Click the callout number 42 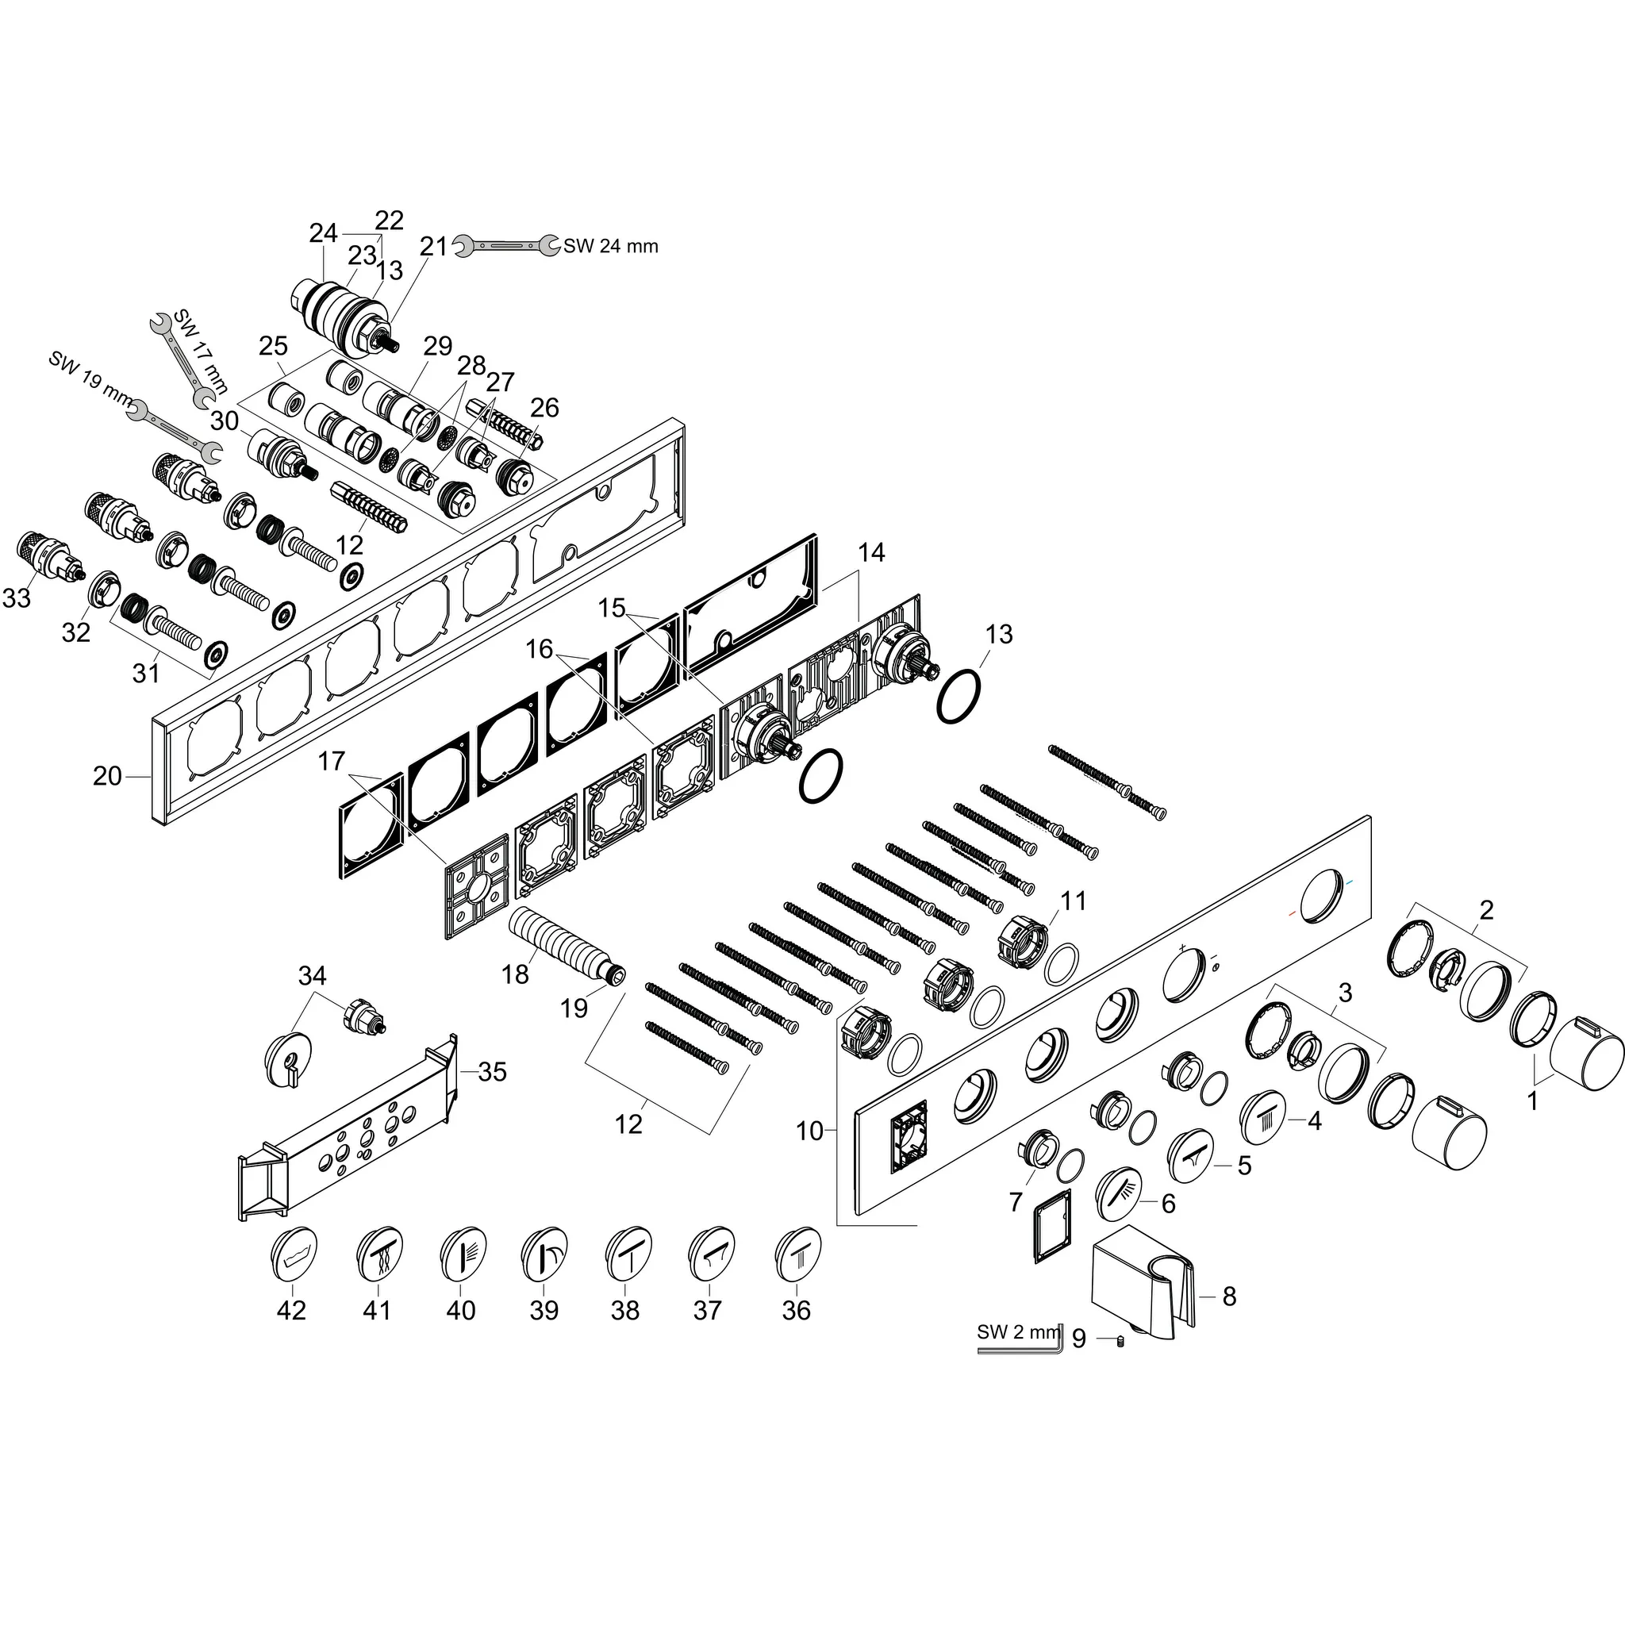pos(291,1311)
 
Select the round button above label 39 pos(544,1252)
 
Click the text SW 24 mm pos(611,247)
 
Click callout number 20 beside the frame pos(107,776)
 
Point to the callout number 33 pos(17,598)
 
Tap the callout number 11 pos(1074,901)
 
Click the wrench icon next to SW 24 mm pos(505,246)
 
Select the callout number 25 pos(274,346)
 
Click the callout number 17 pos(332,761)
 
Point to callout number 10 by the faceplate pos(809,1131)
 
